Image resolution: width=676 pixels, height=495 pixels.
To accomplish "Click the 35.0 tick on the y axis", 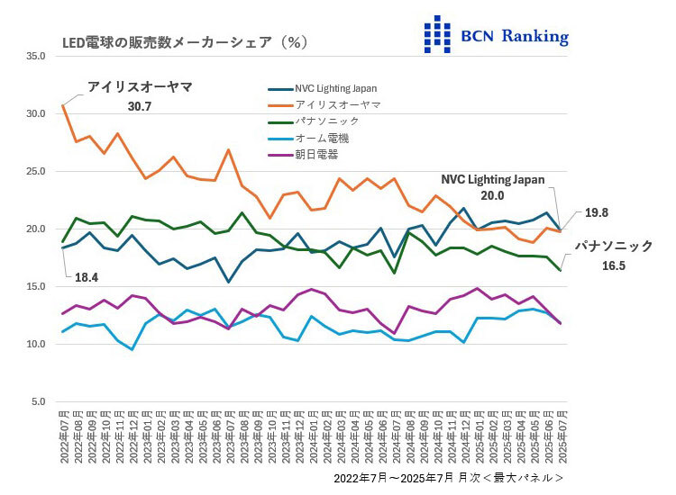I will tap(36, 56).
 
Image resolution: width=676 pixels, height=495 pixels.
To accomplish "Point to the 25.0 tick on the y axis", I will tap(36, 171).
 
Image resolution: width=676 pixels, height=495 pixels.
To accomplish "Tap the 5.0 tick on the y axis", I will tap(39, 401).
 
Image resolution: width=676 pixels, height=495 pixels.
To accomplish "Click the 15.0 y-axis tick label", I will tap(36, 286).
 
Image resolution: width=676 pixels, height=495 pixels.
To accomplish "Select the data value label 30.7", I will tap(139, 106).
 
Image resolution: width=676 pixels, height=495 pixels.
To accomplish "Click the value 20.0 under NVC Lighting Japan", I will tap(492, 195).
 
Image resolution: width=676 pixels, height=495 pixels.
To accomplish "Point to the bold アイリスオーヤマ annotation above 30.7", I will tap(139, 87).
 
